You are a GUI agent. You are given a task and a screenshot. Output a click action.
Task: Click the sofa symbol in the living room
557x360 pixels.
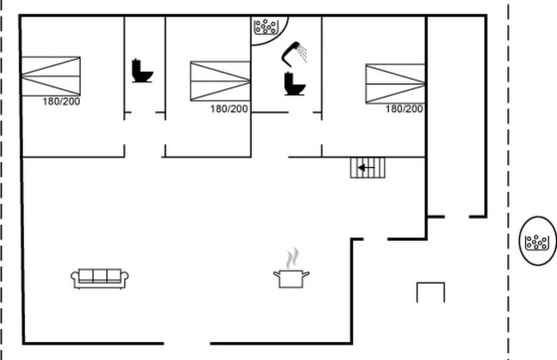point(99,279)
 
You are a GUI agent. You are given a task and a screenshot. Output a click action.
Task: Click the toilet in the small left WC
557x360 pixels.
point(142,71)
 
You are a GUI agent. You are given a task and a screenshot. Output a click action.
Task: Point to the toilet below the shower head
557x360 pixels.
point(295,83)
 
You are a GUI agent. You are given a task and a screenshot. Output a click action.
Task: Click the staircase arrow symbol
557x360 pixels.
point(367,168)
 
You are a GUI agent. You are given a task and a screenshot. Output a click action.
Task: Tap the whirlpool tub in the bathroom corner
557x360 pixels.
point(266,27)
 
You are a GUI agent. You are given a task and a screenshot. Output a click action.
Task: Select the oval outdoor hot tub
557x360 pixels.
point(538,241)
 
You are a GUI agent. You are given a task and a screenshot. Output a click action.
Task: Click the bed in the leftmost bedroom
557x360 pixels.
point(51,76)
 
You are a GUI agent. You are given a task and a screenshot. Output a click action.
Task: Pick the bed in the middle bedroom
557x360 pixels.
point(220,81)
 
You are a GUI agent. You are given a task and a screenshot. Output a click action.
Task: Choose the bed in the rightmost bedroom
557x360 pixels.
point(395,83)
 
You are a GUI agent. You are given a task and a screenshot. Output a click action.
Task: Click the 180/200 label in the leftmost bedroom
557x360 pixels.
point(61,102)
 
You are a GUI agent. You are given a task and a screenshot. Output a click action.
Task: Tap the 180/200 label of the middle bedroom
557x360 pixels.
point(229,109)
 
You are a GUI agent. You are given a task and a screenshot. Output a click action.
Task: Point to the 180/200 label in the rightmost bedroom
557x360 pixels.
point(404,109)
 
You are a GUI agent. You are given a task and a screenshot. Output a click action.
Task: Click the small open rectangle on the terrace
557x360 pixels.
point(430,283)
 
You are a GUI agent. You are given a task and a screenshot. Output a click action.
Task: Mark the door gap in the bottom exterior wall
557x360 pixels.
point(187,344)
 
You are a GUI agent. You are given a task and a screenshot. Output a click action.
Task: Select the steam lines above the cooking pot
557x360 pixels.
point(292,258)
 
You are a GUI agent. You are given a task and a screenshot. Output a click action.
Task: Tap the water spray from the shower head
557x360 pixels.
point(302,52)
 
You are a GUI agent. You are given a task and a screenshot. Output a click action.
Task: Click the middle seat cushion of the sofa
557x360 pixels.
point(99,275)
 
